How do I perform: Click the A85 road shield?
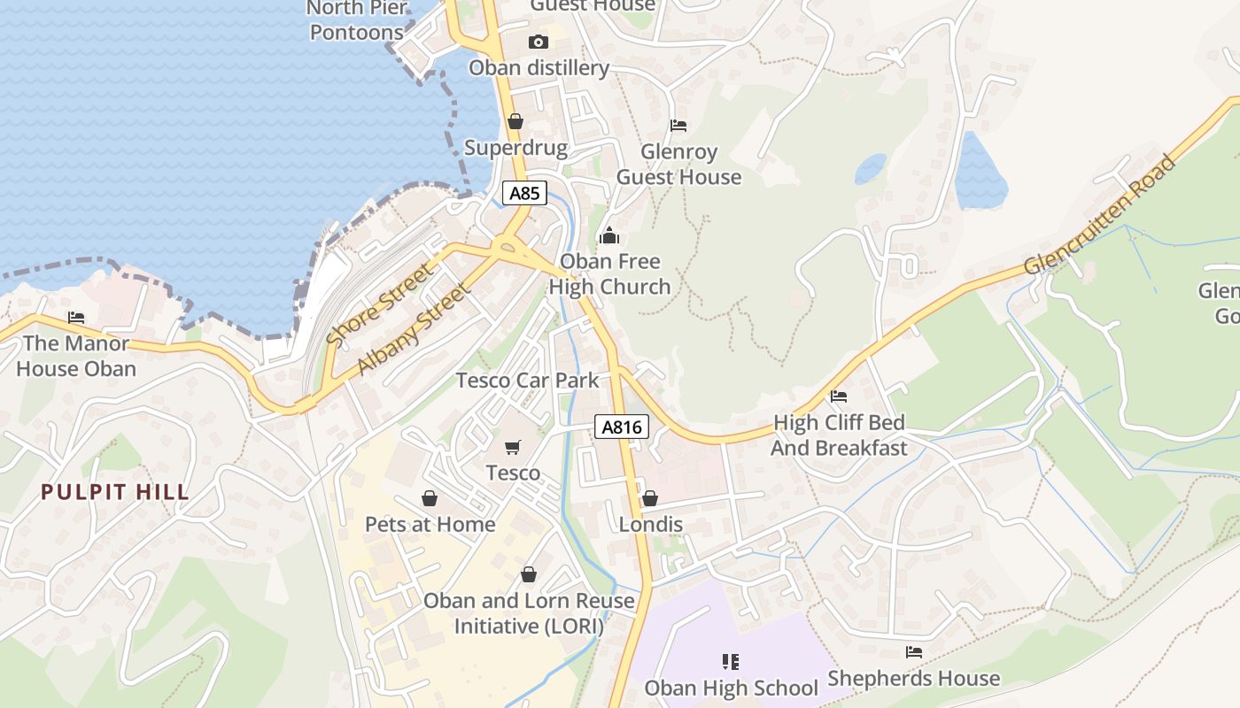524,193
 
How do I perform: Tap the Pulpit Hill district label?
115,492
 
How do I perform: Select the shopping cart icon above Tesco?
512,447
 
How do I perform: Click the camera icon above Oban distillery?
538,42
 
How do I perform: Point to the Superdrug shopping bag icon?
515,121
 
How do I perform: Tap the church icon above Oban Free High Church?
609,235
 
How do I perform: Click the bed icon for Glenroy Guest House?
678,126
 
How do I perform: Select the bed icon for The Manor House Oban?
76,318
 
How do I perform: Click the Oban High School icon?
731,661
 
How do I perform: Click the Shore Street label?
381,304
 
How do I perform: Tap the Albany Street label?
414,329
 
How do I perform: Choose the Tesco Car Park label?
527,381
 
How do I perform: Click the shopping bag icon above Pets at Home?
430,498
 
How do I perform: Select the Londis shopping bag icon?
650,498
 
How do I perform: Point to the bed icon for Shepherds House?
914,652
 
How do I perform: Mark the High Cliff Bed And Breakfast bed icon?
839,396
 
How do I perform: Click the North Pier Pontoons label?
357,20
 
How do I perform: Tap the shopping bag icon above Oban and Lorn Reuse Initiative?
529,574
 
